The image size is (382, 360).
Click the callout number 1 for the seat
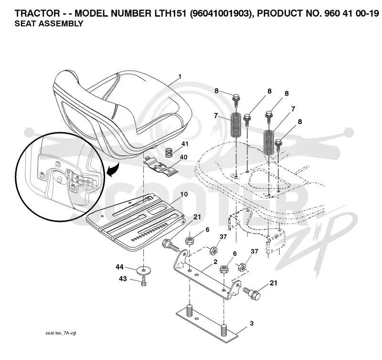180,77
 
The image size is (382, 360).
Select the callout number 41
185,144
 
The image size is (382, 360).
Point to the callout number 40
183,157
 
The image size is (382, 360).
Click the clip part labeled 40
161,166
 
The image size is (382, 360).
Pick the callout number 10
184,194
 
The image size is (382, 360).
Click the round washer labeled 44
144,270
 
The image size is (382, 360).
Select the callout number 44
119,267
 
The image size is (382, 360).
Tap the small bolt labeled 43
144,281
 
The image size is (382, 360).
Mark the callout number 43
123,278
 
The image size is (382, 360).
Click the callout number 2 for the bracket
215,262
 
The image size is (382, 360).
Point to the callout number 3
252,323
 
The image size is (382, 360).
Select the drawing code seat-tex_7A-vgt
61,333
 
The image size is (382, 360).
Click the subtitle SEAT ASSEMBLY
49,23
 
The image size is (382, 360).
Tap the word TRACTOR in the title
37,13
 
